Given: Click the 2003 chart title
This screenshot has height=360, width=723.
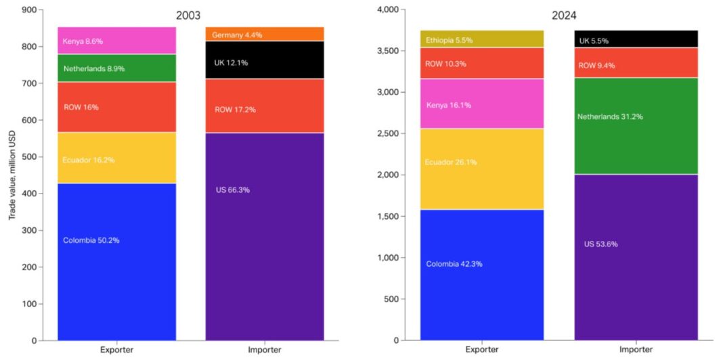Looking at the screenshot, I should (189, 15).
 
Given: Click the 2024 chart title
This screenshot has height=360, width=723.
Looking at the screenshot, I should (563, 15).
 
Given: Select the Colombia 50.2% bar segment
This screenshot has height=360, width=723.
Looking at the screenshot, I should (116, 261).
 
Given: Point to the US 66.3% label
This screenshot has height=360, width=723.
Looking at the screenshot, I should (233, 190).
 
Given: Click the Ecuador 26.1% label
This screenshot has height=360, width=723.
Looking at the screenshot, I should (449, 162).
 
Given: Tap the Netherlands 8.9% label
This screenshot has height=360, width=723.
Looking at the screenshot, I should (94, 69).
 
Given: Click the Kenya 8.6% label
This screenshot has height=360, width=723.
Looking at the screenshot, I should (83, 41).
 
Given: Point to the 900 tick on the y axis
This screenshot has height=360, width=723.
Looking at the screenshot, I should (30, 10).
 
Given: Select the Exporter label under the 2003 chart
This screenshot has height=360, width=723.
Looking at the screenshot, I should (116, 350).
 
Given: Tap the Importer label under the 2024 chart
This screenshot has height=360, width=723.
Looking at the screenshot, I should (635, 350).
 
